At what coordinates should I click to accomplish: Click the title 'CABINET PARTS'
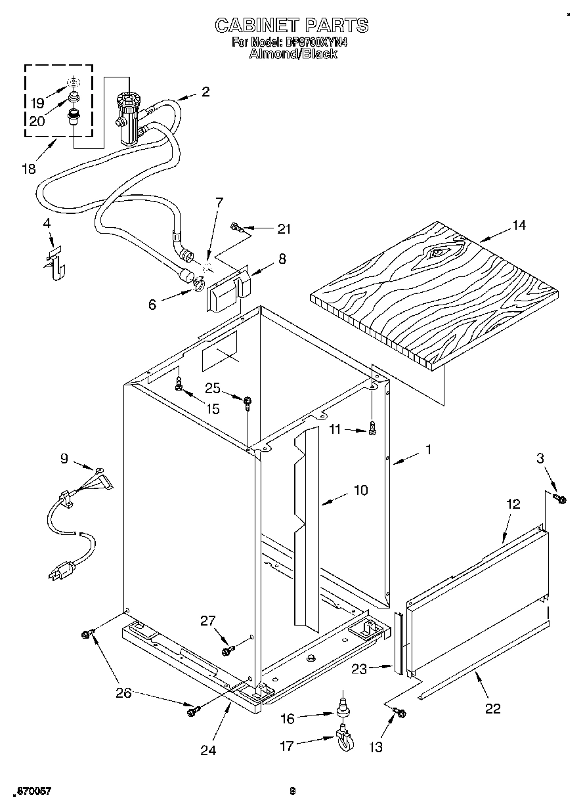(292, 26)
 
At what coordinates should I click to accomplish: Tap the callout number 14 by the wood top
(519, 225)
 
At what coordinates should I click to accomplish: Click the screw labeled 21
(238, 228)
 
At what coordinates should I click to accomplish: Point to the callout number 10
(360, 490)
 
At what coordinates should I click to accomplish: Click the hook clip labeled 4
(58, 261)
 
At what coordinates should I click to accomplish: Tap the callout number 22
(492, 708)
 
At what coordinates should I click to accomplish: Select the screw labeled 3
(559, 500)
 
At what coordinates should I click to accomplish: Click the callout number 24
(208, 749)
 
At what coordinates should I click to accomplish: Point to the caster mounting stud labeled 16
(342, 710)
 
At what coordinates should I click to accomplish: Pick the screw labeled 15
(178, 384)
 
